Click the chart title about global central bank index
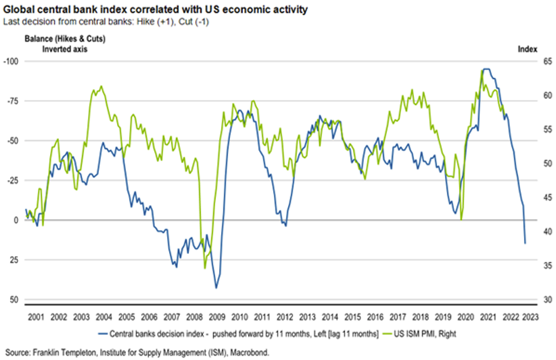click(155, 10)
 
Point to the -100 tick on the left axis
click(11, 61)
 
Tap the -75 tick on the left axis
click(12, 101)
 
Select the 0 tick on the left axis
click(16, 220)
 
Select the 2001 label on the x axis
click(36, 317)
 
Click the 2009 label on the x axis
click(217, 317)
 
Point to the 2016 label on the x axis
click(375, 317)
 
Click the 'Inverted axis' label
click(64, 49)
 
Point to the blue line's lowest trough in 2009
click(216, 288)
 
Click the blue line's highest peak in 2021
click(487, 69)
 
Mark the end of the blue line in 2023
click(525, 243)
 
